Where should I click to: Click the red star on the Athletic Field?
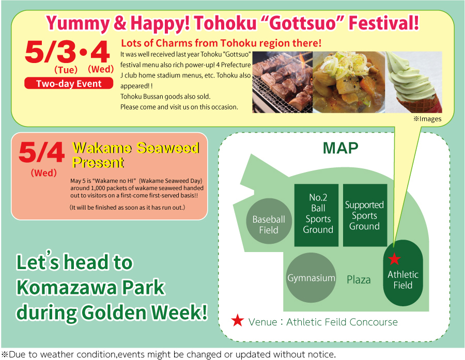click(x=394, y=259)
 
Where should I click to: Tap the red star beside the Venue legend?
click(x=238, y=321)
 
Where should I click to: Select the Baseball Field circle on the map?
click(x=269, y=221)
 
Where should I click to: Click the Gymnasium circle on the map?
click(x=311, y=277)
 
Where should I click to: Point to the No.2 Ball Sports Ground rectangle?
click(x=316, y=215)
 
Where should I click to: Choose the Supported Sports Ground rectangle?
click(x=365, y=215)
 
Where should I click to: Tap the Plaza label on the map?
click(x=359, y=279)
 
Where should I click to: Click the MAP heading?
click(x=340, y=148)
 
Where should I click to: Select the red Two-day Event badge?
click(x=69, y=83)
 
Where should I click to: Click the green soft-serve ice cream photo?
click(x=414, y=82)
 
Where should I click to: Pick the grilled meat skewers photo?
click(x=282, y=82)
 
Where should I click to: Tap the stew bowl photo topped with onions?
click(x=349, y=82)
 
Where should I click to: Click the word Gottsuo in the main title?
click(x=304, y=23)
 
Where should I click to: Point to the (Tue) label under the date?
click(x=66, y=70)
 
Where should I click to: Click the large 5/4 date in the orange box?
click(x=41, y=152)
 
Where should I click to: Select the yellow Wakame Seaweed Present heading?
click(x=135, y=155)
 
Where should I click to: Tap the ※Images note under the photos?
click(x=427, y=119)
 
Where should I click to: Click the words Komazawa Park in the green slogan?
click(x=90, y=287)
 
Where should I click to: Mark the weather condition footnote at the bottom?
click(x=168, y=354)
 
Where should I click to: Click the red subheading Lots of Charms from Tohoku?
click(x=221, y=43)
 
